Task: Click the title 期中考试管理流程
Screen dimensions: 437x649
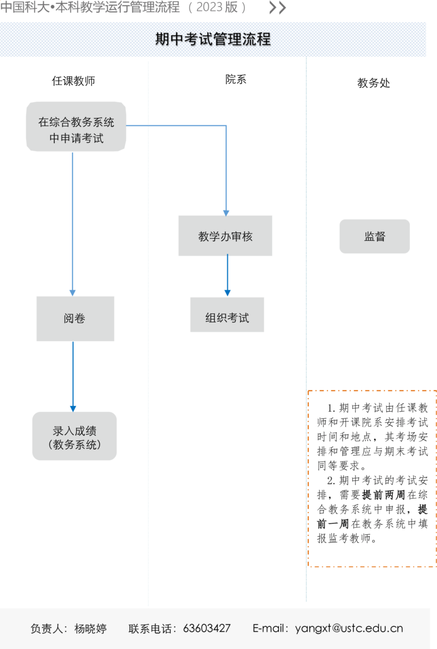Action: pyautogui.click(x=213, y=39)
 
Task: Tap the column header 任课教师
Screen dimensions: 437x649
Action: pyautogui.click(x=74, y=81)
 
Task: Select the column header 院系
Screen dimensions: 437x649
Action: pyautogui.click(x=236, y=79)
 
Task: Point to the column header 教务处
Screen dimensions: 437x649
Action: pyautogui.click(x=373, y=83)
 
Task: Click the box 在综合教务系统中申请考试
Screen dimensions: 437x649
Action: pyautogui.click(x=76, y=127)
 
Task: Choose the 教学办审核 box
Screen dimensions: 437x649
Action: pyautogui.click(x=225, y=235)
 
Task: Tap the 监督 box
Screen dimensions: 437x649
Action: pyautogui.click(x=374, y=237)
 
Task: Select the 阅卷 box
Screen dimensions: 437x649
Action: pyautogui.click(x=75, y=319)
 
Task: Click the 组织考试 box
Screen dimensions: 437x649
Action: pyautogui.click(x=227, y=315)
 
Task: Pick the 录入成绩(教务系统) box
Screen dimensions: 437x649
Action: pyautogui.click(x=75, y=436)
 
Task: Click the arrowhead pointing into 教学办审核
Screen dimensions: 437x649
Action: pyautogui.click(x=226, y=213)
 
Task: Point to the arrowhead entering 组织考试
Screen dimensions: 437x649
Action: pyautogui.click(x=227, y=293)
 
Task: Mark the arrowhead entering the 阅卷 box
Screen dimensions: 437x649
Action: pyautogui.click(x=72, y=293)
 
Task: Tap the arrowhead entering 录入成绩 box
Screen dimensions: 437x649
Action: pyautogui.click(x=73, y=409)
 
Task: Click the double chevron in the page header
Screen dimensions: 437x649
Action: pyautogui.click(x=278, y=7)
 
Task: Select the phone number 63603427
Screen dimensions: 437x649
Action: pyautogui.click(x=207, y=629)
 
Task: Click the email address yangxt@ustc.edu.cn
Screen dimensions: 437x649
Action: pyautogui.click(x=349, y=629)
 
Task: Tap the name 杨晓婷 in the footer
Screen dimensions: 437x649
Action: pyautogui.click(x=90, y=629)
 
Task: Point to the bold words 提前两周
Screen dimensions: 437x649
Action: pyautogui.click(x=383, y=495)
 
